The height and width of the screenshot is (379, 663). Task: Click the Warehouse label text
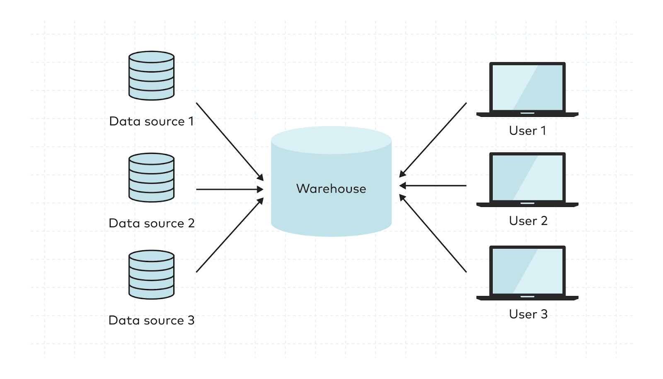331,189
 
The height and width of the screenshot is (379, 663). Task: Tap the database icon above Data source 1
151,75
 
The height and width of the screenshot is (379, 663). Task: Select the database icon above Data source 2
151,177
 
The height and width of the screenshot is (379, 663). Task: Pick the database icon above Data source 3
151,275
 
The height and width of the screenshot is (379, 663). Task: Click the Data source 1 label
151,121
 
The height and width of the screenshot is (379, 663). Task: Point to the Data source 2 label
151,224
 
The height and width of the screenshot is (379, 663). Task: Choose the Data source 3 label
151,321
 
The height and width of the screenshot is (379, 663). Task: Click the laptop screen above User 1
527,87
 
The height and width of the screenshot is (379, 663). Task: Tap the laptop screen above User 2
527,177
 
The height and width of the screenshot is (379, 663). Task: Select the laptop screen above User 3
527,271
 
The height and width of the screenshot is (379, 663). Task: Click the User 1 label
527,131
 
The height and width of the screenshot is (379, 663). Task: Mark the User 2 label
528,221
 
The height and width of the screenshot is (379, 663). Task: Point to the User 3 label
528,314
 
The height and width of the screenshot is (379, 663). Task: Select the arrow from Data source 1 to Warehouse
229,141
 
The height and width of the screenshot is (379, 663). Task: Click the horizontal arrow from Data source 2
229,189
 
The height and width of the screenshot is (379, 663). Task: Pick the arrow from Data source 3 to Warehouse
229,236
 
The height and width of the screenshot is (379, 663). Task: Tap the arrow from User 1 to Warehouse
433,140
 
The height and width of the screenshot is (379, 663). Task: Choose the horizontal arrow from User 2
433,186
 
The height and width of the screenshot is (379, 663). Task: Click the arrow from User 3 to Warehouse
433,233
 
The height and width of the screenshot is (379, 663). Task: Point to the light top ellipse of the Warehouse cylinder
331,140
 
